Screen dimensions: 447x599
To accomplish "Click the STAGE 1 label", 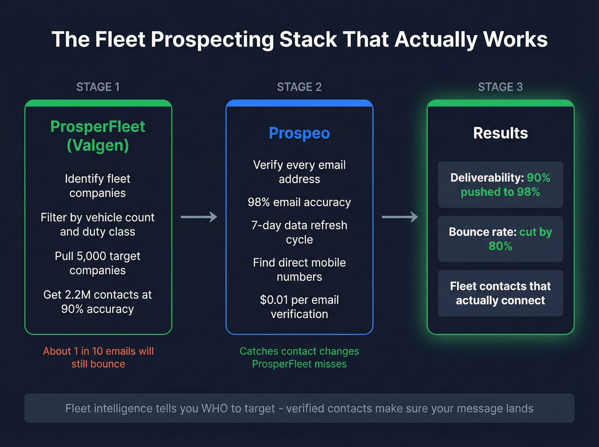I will point(98,87).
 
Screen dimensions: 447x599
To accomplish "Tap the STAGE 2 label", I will point(299,87).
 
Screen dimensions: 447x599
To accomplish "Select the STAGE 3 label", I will point(500,87).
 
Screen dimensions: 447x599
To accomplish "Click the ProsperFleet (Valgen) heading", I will point(98,136).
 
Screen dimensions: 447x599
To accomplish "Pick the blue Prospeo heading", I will point(299,133).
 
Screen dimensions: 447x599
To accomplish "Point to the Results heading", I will point(500,133).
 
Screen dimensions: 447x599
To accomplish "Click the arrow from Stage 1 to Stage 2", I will point(199,217).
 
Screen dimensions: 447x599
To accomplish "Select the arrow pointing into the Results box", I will point(400,217).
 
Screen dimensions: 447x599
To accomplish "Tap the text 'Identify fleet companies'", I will point(98,186).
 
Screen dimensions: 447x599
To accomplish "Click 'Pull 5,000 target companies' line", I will point(98,263).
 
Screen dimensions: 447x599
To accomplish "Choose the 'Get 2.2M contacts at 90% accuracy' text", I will point(98,302).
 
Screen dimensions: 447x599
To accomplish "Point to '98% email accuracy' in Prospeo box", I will point(299,202).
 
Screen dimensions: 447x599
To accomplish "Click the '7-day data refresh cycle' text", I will point(299,232).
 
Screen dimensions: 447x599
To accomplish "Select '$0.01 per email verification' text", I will point(299,307).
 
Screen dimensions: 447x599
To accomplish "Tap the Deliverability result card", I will point(500,185).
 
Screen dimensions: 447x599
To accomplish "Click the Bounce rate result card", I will point(500,239).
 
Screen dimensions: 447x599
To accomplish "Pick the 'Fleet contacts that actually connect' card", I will point(500,293).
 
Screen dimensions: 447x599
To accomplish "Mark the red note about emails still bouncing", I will point(98,357).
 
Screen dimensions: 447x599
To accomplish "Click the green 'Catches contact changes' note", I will point(299,357).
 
